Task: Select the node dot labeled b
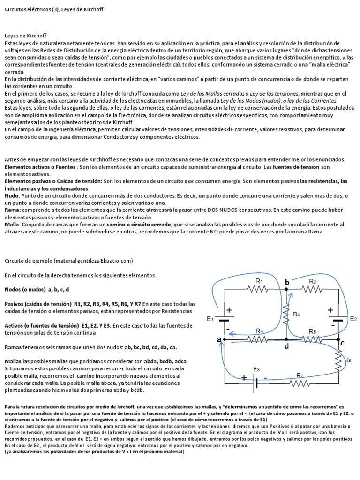tap(286, 290)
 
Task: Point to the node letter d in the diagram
tap(286, 346)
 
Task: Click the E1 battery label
tap(210, 319)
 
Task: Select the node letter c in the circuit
tap(342, 343)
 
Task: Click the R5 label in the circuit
tap(313, 331)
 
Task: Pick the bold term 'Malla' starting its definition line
tap(12, 225)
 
